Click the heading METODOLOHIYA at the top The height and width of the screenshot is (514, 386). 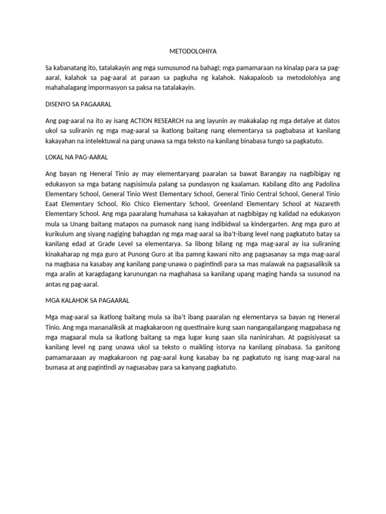[192, 51]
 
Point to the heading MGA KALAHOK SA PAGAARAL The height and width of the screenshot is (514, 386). [87, 300]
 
